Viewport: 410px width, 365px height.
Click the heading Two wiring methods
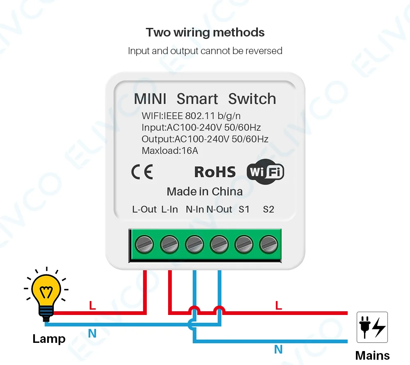(x=205, y=32)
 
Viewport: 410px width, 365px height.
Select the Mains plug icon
(x=372, y=327)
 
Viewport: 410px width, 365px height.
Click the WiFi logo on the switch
(x=265, y=171)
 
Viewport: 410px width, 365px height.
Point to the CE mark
(x=142, y=172)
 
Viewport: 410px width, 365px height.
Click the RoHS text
(x=215, y=172)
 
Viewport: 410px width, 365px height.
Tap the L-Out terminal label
(x=144, y=209)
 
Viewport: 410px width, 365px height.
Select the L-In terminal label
(x=169, y=209)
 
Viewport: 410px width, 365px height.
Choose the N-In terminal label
(x=195, y=209)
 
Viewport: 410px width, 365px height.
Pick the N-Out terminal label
(x=219, y=209)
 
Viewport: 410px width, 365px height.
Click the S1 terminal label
(x=244, y=209)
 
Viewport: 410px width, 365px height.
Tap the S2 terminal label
(x=268, y=209)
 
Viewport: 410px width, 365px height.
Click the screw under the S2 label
(x=268, y=245)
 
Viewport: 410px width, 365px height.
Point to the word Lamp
(x=49, y=339)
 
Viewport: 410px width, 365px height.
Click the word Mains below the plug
(x=372, y=355)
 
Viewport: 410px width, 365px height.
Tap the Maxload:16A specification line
(x=170, y=151)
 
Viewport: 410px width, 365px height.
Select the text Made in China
(x=205, y=191)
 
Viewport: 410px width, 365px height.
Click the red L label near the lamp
(x=92, y=305)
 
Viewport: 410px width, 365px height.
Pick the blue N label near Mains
(x=278, y=349)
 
